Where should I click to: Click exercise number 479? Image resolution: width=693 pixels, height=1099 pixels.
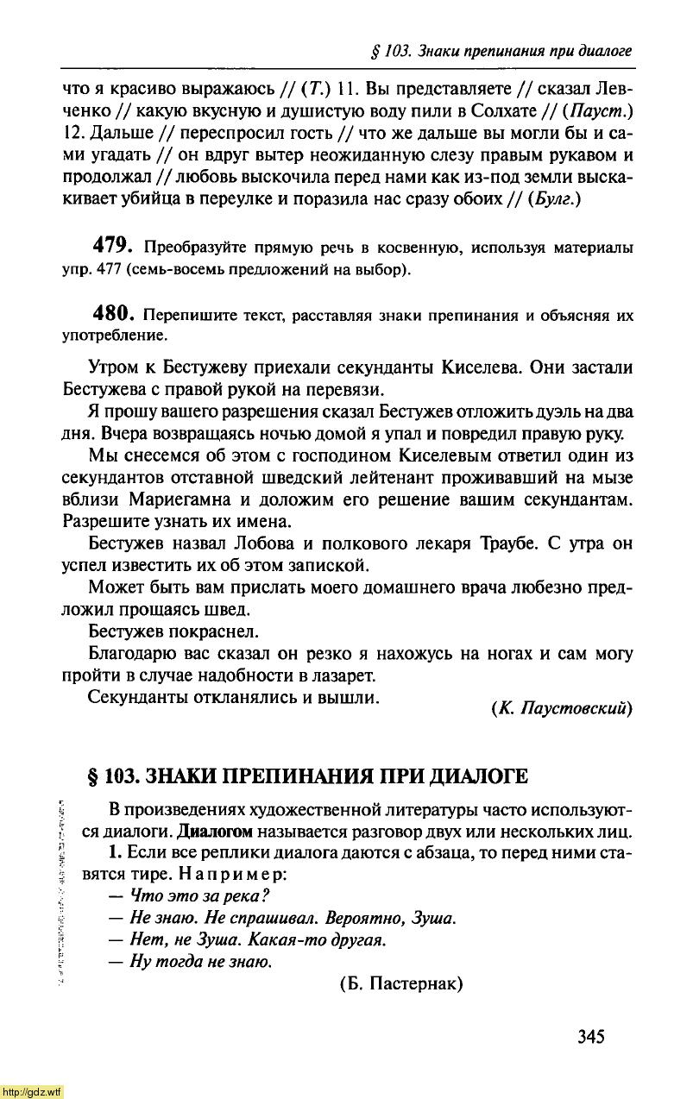pos(117,248)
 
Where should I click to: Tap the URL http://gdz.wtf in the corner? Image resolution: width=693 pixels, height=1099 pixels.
pos(32,1091)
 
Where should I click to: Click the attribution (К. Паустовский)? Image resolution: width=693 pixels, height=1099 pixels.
pos(561,708)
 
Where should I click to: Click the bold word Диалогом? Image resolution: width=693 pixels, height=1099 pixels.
pos(214,832)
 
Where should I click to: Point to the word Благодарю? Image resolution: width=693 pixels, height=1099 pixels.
pos(133,654)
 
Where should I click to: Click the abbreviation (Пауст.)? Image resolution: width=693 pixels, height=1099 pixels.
pos(602,110)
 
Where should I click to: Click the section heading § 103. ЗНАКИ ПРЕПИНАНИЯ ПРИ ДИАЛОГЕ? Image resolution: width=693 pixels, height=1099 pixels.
pos(308,776)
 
